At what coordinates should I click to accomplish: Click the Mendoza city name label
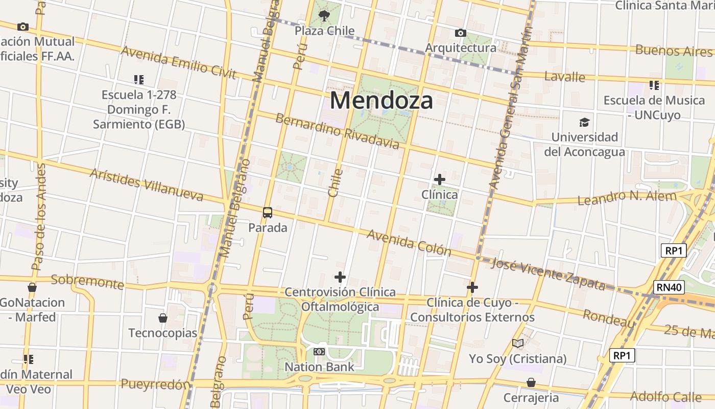pyautogui.click(x=381, y=100)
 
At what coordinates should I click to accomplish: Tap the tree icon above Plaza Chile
pyautogui.click(x=324, y=16)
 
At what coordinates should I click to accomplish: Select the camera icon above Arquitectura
pyautogui.click(x=460, y=33)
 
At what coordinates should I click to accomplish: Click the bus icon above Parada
pyautogui.click(x=267, y=213)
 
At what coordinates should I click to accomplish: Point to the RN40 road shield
pyautogui.click(x=670, y=287)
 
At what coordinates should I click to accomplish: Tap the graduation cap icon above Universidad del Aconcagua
pyautogui.click(x=584, y=122)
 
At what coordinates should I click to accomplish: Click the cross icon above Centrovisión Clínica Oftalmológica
pyautogui.click(x=340, y=277)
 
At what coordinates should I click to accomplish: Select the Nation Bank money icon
pyautogui.click(x=319, y=352)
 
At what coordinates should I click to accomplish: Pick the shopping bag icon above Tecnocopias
pyautogui.click(x=162, y=318)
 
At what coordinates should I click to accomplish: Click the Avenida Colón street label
pyautogui.click(x=409, y=242)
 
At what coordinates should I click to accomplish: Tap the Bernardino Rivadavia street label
pyautogui.click(x=337, y=131)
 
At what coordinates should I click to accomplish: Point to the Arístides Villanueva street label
pyautogui.click(x=146, y=184)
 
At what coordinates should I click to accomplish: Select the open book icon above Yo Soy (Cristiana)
pyautogui.click(x=518, y=344)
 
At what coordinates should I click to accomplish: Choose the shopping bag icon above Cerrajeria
pyautogui.click(x=531, y=382)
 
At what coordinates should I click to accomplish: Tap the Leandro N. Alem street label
pyautogui.click(x=627, y=197)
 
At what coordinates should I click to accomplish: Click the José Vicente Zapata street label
pyautogui.click(x=547, y=275)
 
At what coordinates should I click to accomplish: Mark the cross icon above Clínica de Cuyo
pyautogui.click(x=472, y=287)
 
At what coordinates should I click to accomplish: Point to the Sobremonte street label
pyautogui.click(x=87, y=281)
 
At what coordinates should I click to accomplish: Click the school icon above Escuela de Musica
pyautogui.click(x=654, y=85)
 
